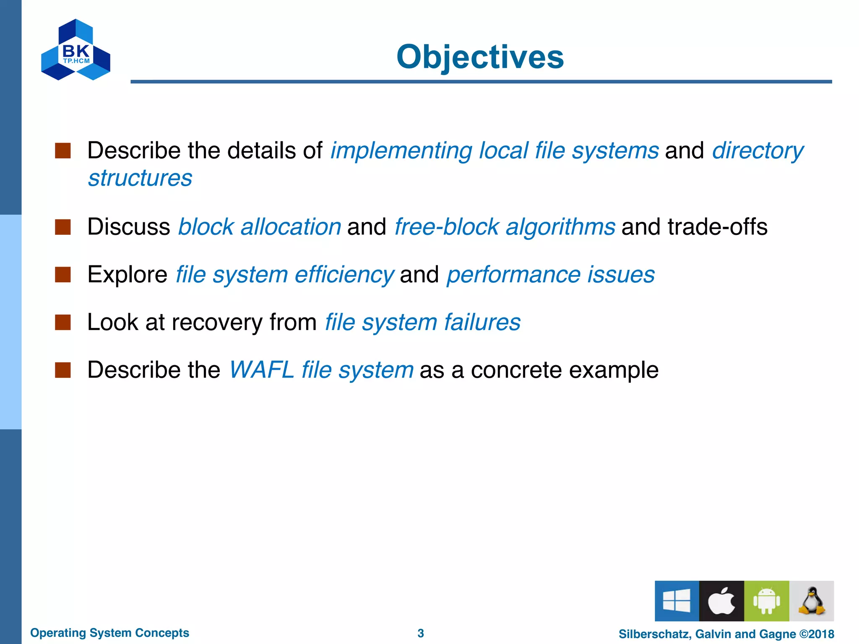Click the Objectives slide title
(480, 57)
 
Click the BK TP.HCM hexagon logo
(75, 50)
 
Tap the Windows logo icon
(677, 600)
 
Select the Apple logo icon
(721, 600)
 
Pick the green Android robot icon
(766, 600)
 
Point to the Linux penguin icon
(811, 600)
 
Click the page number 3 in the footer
(421, 633)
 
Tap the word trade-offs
(717, 227)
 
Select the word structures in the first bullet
(140, 178)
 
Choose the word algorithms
(560, 227)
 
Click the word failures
(482, 322)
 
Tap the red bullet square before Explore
(62, 275)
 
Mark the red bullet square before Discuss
(62, 227)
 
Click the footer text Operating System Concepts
(109, 633)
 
